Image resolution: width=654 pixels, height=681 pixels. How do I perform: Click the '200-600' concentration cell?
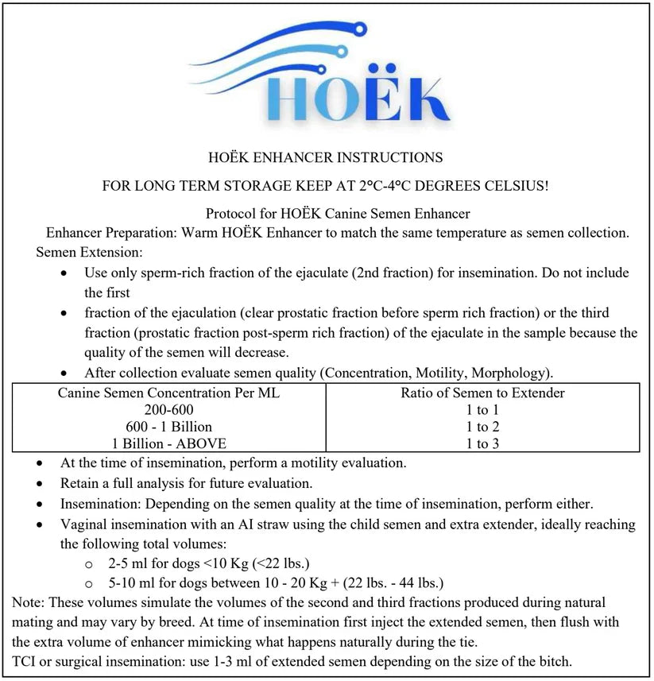point(168,410)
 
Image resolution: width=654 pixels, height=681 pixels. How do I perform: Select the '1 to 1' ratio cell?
point(482,410)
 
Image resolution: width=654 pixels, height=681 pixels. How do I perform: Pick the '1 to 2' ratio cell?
point(482,427)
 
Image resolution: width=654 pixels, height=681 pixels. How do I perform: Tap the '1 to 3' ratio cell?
point(482,443)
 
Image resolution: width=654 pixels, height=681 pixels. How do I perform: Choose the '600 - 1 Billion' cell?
point(168,427)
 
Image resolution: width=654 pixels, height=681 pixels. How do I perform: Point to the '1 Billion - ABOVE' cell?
point(168,443)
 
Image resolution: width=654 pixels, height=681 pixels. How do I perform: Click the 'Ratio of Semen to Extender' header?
point(482,393)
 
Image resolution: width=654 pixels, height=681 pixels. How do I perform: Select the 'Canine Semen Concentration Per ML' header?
point(168,393)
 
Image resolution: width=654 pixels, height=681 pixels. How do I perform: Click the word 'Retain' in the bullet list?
point(80,483)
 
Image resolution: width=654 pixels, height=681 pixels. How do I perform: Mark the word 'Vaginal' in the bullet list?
point(84,524)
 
